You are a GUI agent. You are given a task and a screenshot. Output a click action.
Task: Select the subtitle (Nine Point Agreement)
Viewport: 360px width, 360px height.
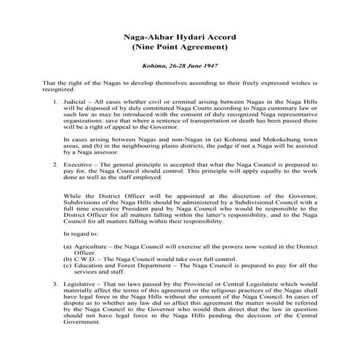(180, 47)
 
